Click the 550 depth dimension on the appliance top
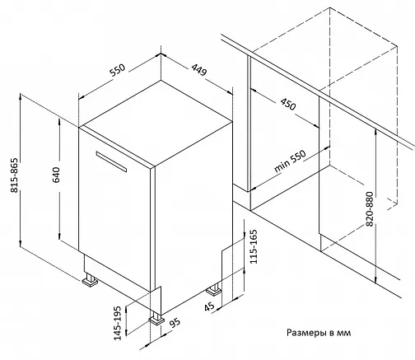[x=118, y=70]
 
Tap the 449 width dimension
[x=199, y=70]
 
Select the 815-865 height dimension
[x=14, y=175]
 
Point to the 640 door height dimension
[x=56, y=175]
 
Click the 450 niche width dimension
[x=288, y=104]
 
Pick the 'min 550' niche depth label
[x=290, y=161]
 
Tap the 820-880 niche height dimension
[x=370, y=209]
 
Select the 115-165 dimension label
[x=254, y=246]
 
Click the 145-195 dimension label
[x=118, y=323]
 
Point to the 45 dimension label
[x=209, y=306]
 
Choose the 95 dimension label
[x=175, y=323]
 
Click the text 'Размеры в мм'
[x=319, y=333]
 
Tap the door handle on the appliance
[x=111, y=161]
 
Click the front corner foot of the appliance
[x=156, y=318]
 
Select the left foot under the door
[x=90, y=279]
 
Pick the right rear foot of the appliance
[x=214, y=289]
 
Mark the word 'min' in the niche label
[x=282, y=166]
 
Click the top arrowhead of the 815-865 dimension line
[x=20, y=97]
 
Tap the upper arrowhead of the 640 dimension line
[x=59, y=122]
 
